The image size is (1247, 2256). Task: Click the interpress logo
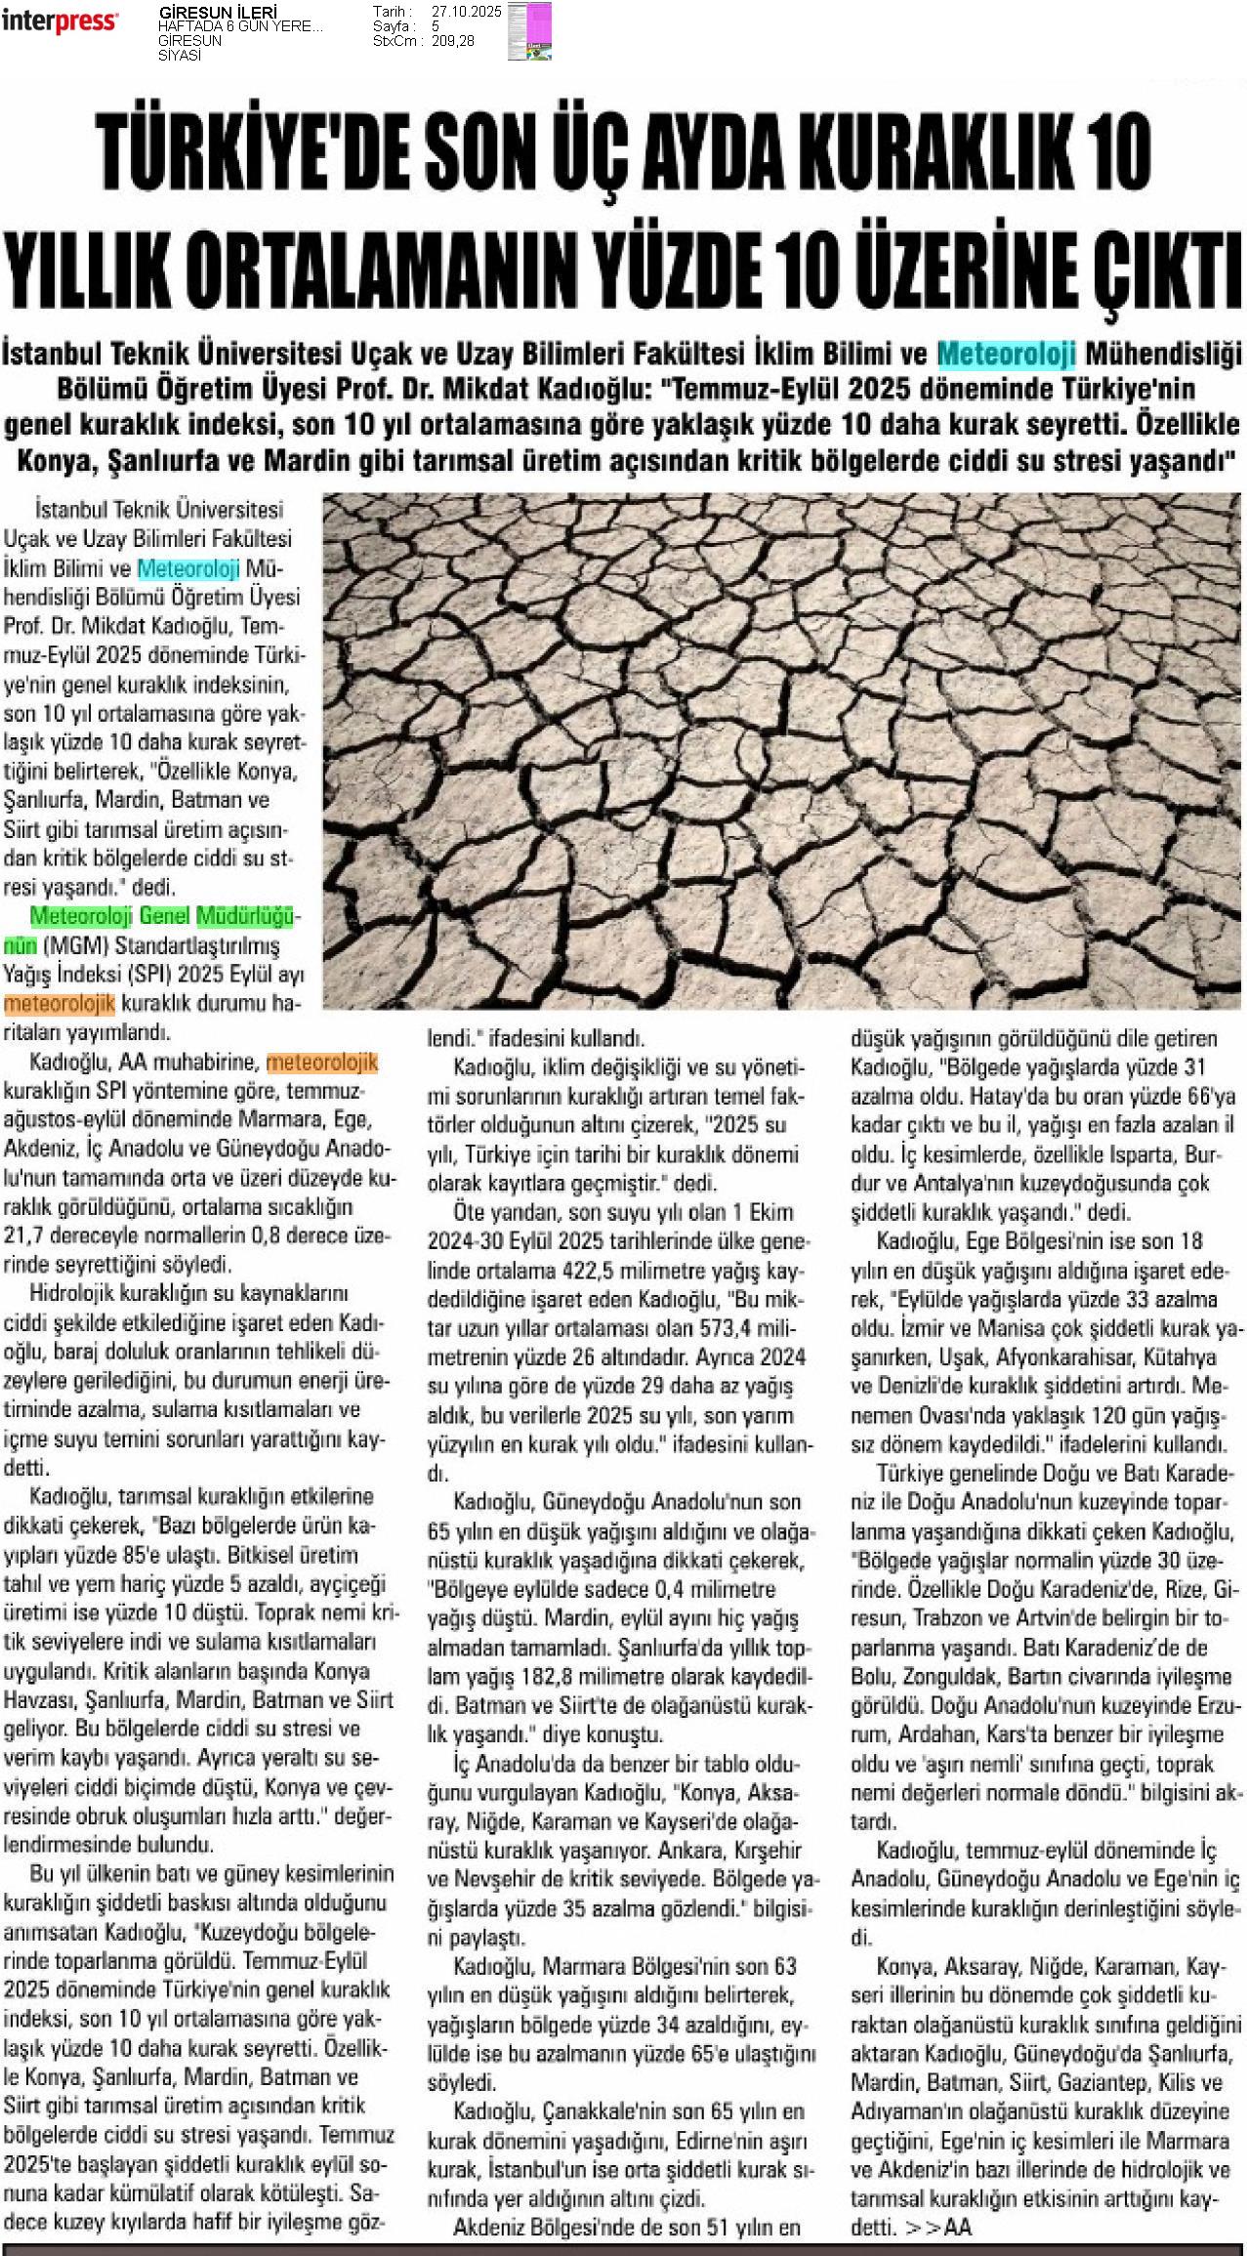pos(60,21)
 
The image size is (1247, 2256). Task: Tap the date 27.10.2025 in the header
pos(466,12)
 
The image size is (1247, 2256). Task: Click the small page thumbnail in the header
pos(528,31)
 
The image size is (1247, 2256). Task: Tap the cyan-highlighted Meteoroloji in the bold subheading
pos(1006,353)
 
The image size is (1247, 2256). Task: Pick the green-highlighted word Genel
pos(165,916)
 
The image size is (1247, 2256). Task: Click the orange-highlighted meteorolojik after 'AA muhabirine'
pos(321,1062)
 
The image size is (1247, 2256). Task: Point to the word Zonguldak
pos(947,1676)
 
